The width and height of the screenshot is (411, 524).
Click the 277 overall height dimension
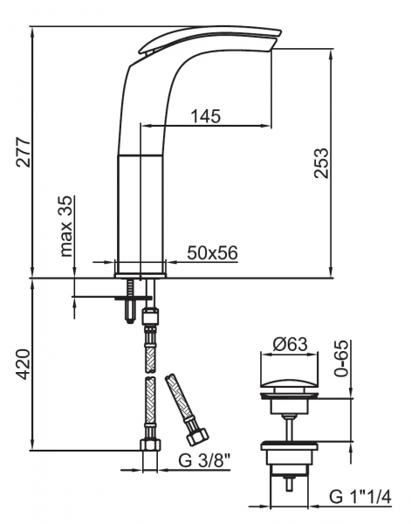click(24, 151)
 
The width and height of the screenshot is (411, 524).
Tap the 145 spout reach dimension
click(206, 116)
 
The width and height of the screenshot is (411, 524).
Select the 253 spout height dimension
click(321, 163)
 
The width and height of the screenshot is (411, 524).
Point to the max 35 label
click(66, 226)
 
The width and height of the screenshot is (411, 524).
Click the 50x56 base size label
click(212, 252)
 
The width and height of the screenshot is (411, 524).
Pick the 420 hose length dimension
click(24, 364)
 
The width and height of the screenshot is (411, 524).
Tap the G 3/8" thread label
click(205, 461)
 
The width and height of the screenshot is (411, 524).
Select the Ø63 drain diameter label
click(290, 344)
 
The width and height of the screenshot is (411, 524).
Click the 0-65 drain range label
click(341, 359)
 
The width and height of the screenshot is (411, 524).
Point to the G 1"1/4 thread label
click(360, 497)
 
